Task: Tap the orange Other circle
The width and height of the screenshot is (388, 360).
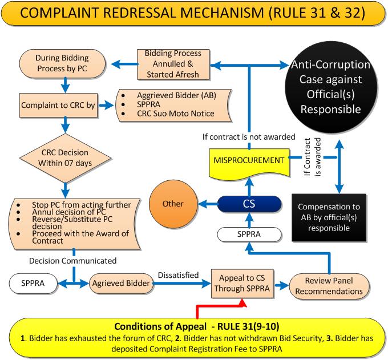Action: [x=173, y=204]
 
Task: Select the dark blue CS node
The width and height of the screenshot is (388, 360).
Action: [x=249, y=204]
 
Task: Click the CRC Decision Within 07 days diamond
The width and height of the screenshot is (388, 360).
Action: [x=65, y=158]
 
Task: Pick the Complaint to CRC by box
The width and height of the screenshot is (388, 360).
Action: [x=58, y=105]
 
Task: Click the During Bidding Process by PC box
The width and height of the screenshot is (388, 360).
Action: [x=62, y=63]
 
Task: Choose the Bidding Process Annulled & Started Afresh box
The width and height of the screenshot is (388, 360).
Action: [x=173, y=64]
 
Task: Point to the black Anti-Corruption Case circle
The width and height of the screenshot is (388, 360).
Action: [x=331, y=87]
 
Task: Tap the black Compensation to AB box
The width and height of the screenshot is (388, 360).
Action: [x=329, y=217]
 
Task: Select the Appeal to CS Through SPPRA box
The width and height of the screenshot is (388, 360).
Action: [x=242, y=284]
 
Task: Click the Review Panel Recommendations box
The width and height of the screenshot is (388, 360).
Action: [x=329, y=286]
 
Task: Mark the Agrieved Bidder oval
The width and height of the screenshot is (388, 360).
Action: [x=121, y=284]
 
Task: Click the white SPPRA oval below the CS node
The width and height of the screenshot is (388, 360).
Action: [x=249, y=234]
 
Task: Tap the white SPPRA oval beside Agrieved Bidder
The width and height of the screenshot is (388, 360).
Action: [x=33, y=284]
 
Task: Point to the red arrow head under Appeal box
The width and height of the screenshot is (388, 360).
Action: [x=242, y=303]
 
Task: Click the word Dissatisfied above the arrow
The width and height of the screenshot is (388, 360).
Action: [x=178, y=275]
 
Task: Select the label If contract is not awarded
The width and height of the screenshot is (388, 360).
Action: [x=249, y=137]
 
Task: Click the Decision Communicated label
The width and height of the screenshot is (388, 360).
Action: [x=73, y=261]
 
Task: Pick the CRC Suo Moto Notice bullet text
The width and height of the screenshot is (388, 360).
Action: [x=176, y=114]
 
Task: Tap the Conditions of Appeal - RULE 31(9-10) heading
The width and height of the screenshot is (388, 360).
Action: [x=197, y=326]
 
